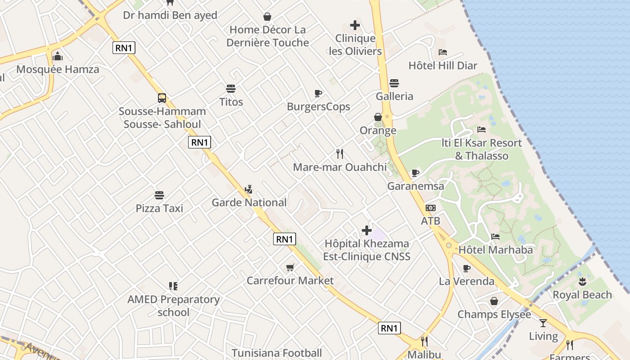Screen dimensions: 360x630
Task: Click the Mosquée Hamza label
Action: [58, 70]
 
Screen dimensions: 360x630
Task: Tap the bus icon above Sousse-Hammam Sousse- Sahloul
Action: [162, 98]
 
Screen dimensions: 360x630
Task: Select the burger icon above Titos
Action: [231, 88]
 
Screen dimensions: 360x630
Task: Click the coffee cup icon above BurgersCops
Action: [318, 94]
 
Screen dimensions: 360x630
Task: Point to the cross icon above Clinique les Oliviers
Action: [355, 25]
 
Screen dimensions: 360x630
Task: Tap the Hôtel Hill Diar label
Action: [443, 66]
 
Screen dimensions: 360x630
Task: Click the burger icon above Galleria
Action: [394, 83]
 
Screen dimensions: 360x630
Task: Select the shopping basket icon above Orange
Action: [378, 117]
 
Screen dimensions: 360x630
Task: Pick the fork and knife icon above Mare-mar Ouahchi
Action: [340, 154]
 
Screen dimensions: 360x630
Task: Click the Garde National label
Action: [249, 202]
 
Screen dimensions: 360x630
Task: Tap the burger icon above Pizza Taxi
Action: [159, 195]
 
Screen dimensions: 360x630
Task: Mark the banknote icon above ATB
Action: [431, 208]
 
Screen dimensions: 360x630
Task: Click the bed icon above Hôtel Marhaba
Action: [495, 237]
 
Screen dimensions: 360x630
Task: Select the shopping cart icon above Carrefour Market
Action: [290, 268]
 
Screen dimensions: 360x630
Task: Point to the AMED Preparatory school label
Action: [174, 306]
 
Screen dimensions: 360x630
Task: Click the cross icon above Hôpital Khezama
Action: [367, 230]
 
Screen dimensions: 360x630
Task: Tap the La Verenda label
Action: [467, 281]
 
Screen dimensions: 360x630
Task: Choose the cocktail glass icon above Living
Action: [543, 323]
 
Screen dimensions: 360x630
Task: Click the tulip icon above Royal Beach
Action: [582, 282]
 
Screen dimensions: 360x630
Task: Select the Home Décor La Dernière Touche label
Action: [267, 36]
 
